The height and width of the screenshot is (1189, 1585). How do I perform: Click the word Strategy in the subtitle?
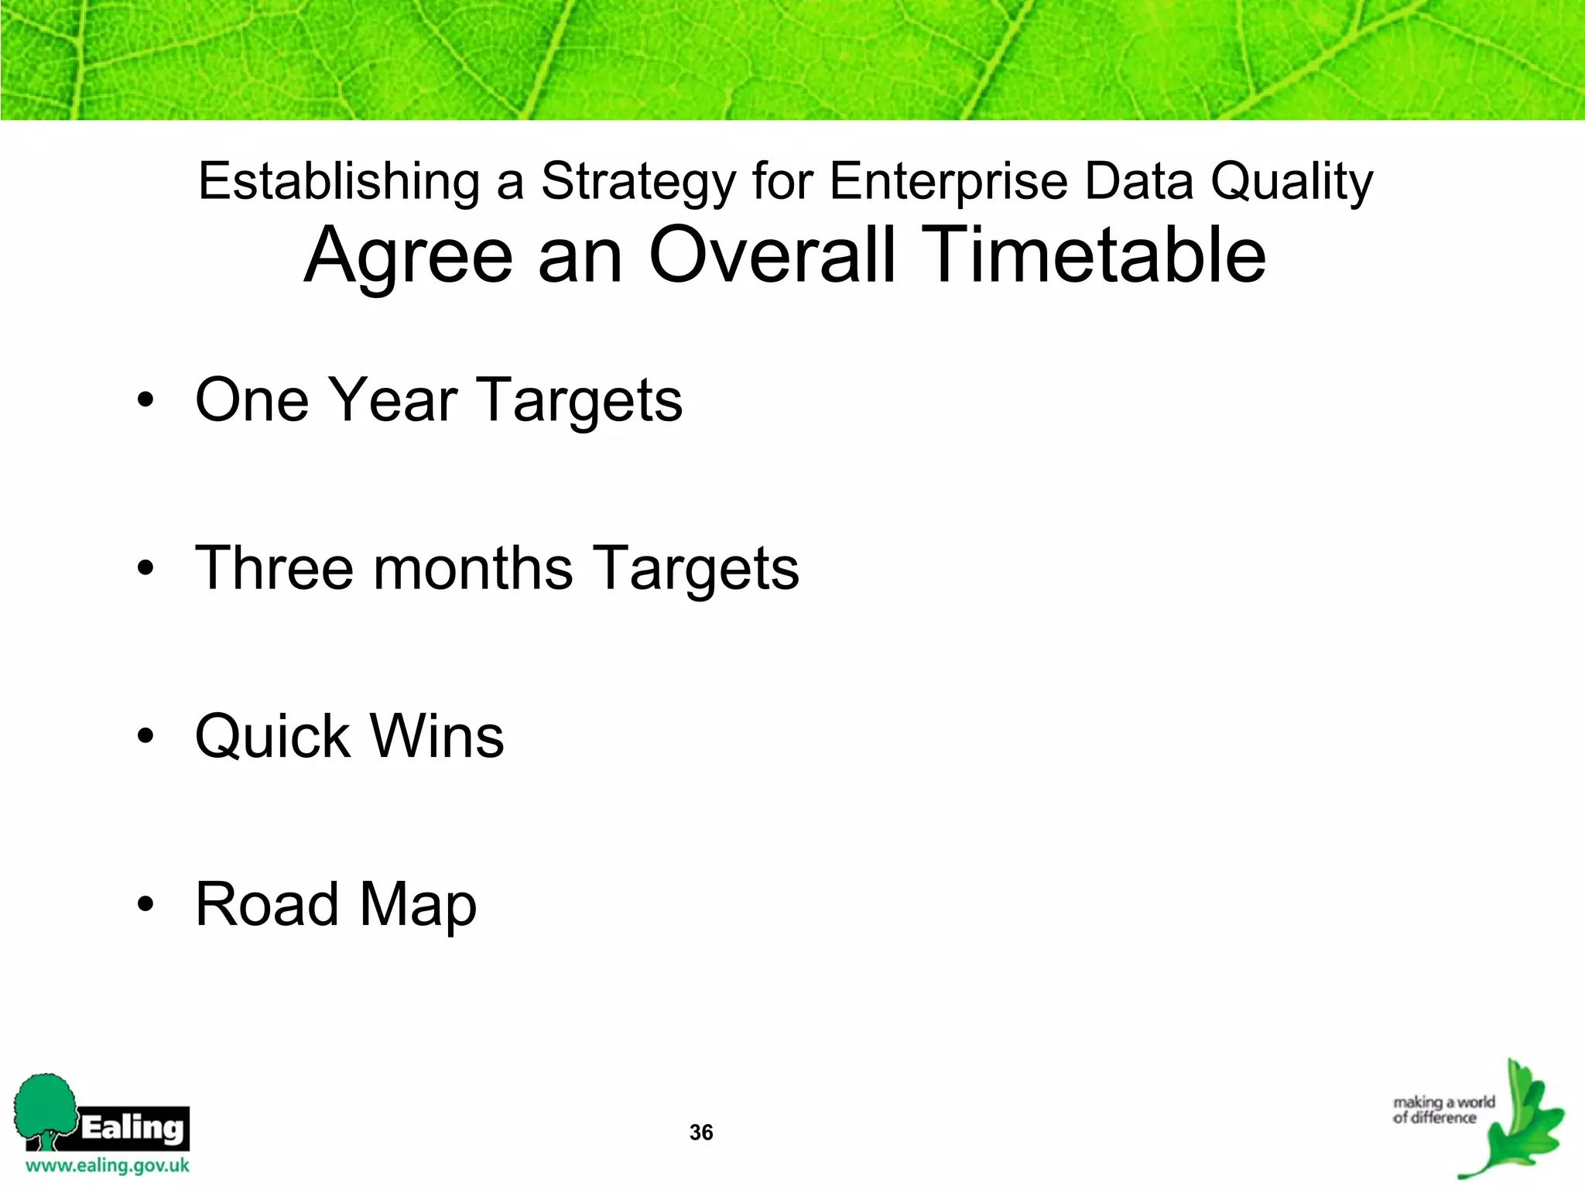[638, 183]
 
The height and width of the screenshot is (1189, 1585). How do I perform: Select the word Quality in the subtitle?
[1292, 183]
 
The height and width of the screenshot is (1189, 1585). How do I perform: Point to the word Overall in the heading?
[772, 255]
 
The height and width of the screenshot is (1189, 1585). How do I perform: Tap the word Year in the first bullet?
[392, 400]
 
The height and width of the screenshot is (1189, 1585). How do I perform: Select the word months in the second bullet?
[474, 568]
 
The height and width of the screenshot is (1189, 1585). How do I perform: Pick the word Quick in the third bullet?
[273, 736]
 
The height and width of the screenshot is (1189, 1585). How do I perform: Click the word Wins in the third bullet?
[438, 736]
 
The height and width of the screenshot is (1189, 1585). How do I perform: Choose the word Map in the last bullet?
[418, 906]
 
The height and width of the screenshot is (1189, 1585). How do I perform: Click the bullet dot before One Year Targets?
[145, 401]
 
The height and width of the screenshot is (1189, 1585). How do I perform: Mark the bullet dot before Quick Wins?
[145, 737]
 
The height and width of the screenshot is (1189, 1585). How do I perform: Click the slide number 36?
[701, 1132]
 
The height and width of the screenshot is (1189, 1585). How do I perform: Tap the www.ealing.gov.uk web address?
[108, 1166]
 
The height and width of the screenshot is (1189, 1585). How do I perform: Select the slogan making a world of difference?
[1443, 1110]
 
